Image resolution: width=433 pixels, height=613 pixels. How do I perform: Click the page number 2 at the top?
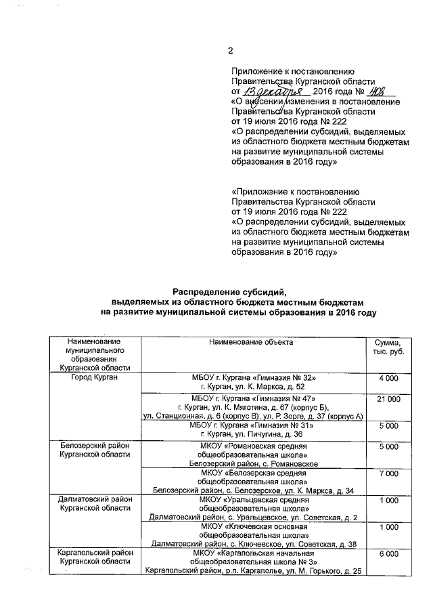[x=230, y=51]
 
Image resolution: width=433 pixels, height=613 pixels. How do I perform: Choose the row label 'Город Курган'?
[x=94, y=377]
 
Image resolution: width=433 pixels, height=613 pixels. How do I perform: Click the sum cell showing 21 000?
[x=388, y=400]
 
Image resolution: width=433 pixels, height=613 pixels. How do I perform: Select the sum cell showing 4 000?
[x=388, y=377]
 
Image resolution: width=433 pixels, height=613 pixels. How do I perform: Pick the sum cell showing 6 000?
[x=388, y=553]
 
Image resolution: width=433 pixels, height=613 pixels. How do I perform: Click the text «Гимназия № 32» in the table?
[x=283, y=377]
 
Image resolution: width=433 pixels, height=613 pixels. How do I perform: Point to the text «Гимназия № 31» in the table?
[x=283, y=425]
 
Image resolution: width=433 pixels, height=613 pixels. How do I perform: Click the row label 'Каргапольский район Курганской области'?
[x=94, y=557]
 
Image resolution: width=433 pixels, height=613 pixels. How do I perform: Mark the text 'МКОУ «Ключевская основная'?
[x=251, y=526]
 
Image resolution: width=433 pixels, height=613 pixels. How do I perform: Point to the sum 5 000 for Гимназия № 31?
[x=388, y=426]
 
